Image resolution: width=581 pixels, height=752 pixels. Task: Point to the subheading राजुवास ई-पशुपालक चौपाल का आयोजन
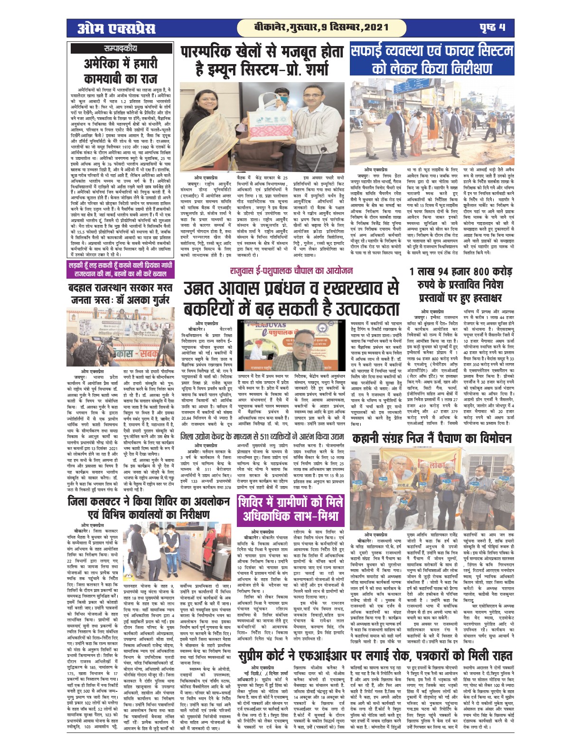tap(291, 271)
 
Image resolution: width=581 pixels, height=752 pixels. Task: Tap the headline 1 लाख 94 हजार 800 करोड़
tap(460, 286)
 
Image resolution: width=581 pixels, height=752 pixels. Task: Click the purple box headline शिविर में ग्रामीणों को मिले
tap(291, 509)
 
